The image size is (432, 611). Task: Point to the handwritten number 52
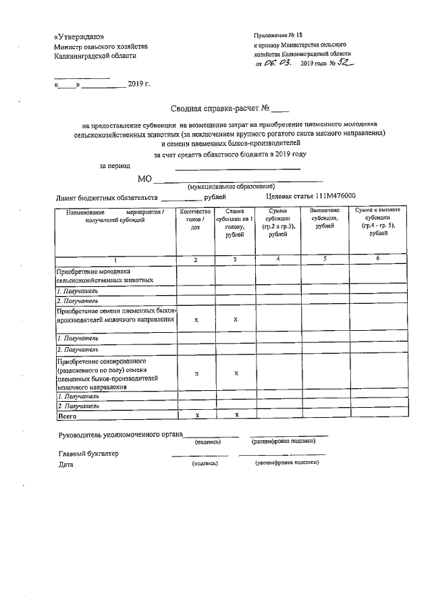tap(344, 62)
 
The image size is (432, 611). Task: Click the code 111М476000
tap(333, 196)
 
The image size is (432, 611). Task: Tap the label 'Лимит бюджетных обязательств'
tap(107, 198)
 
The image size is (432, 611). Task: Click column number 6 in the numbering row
tap(378, 259)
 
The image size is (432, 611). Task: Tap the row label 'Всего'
tap(67, 417)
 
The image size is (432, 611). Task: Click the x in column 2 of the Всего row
tap(196, 417)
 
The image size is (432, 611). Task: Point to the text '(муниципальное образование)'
tap(231, 186)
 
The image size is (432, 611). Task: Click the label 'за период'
tap(115, 166)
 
